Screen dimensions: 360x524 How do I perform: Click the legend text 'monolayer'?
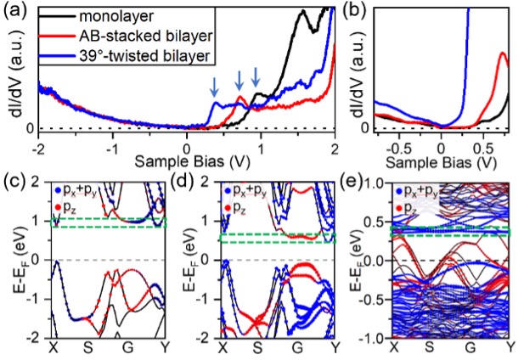[x=114, y=15]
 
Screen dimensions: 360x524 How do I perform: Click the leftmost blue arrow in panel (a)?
[x=214, y=86]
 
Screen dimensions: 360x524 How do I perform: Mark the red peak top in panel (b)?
[x=501, y=53]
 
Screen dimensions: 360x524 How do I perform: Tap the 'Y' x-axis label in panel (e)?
[x=510, y=347]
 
